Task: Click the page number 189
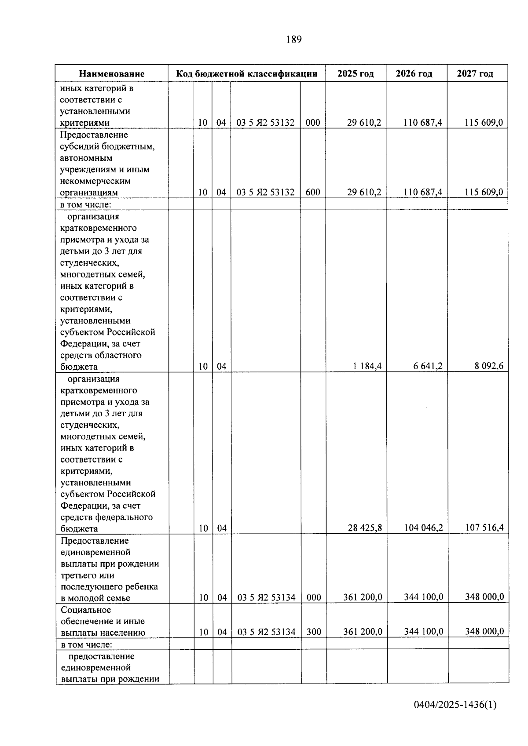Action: pyautogui.click(x=293, y=40)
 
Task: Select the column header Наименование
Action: pyautogui.click(x=112, y=74)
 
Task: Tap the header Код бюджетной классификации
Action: pyautogui.click(x=246, y=73)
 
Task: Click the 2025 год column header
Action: pyautogui.click(x=356, y=73)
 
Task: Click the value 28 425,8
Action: pyautogui.click(x=365, y=528)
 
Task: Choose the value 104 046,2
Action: pyautogui.click(x=423, y=528)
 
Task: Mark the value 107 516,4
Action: pyautogui.click(x=484, y=527)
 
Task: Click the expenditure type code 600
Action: pyautogui.click(x=313, y=192)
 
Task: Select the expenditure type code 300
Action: pyautogui.click(x=314, y=632)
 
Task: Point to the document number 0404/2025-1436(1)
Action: pyautogui.click(x=455, y=705)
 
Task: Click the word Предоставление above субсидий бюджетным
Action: pyautogui.click(x=94, y=135)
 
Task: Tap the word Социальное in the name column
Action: pyautogui.click(x=86, y=610)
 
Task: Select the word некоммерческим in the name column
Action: pyautogui.click(x=95, y=181)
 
